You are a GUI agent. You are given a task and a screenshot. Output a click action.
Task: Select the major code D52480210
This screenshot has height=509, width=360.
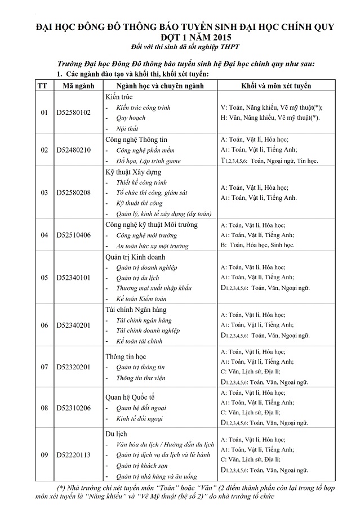(74, 150)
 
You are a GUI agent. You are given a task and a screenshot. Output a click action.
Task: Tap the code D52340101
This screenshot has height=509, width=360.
(74, 278)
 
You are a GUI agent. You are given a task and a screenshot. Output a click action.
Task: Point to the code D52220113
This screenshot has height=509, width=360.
(74, 455)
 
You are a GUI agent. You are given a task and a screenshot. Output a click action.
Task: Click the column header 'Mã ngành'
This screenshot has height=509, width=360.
(74, 86)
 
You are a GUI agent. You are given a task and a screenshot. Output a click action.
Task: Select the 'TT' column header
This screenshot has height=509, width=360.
(42, 86)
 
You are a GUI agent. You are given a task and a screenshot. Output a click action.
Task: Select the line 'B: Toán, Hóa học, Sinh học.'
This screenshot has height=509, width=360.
(257, 245)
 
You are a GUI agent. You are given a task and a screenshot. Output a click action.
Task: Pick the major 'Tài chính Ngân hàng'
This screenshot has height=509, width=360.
(136, 310)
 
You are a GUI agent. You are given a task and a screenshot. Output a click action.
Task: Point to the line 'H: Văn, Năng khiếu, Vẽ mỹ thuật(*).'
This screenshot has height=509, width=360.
(270, 118)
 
